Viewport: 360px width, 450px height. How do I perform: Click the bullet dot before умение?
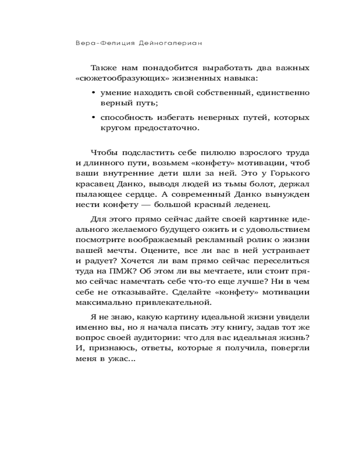point(93,93)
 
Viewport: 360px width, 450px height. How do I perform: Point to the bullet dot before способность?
point(93,117)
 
